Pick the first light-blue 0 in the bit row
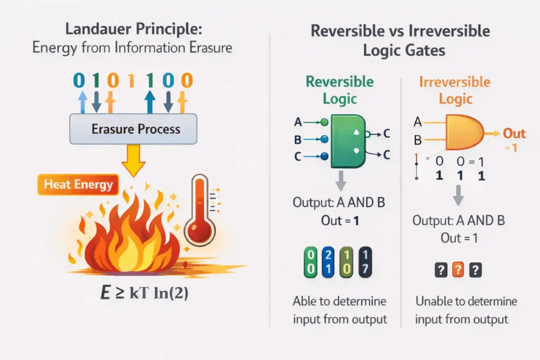coord(79,81)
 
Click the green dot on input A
coord(324,122)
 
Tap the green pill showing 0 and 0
coord(310,262)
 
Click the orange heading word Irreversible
coord(455,82)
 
